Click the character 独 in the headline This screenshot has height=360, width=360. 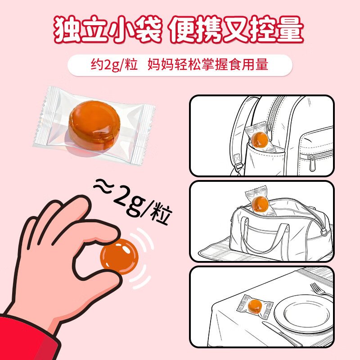(x=67, y=29)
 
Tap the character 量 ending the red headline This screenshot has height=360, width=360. (x=290, y=29)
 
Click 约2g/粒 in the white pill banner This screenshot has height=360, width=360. (x=114, y=64)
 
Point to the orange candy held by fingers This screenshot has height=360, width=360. (x=119, y=256)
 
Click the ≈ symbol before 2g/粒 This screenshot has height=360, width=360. (x=103, y=186)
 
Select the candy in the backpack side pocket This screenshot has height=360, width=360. (x=260, y=139)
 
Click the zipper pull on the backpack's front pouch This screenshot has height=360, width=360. (x=312, y=163)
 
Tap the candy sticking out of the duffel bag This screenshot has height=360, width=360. (x=260, y=203)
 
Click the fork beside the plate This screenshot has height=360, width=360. (x=321, y=290)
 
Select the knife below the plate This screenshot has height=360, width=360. (x=282, y=334)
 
